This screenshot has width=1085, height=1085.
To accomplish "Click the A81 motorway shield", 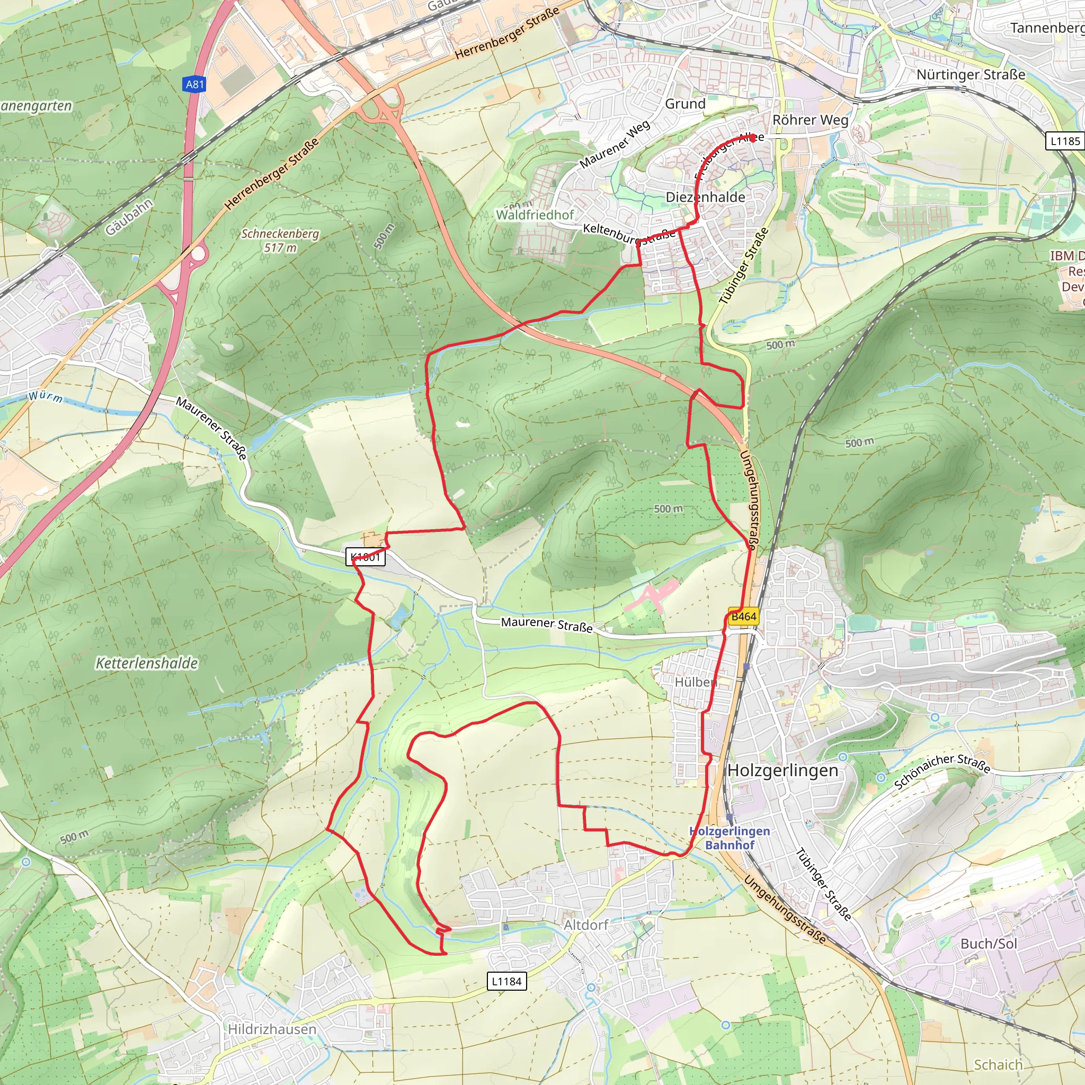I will tap(195, 84).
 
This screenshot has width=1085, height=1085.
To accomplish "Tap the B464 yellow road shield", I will tap(743, 617).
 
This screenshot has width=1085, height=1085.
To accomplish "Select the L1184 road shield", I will tap(506, 981).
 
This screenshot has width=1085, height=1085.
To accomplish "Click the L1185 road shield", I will tap(1065, 141).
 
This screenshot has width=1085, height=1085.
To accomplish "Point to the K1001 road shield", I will tap(365, 557).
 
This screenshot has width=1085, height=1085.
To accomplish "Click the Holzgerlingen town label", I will tap(783, 770).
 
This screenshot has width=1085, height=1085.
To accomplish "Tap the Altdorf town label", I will tap(586, 925).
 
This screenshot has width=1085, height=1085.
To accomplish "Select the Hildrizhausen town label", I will tap(272, 1029).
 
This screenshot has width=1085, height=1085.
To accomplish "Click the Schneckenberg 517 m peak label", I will tap(280, 241).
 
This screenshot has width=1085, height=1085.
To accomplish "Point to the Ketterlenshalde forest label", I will tap(147, 663).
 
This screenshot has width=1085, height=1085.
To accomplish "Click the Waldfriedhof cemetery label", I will tap(535, 215).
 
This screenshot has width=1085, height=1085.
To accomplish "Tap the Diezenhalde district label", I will tap(705, 197).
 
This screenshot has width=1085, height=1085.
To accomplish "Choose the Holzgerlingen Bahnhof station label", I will tap(730, 838).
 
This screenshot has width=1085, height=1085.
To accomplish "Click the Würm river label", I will tap(46, 396).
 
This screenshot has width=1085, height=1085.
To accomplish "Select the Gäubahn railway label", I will tap(129, 217).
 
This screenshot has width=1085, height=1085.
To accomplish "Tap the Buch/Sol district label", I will tap(989, 943).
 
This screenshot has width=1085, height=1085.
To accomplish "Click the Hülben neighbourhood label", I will tap(695, 682).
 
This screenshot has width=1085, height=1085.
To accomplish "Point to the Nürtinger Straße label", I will tap(971, 75).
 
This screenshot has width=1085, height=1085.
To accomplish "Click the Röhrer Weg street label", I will tap(810, 120).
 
